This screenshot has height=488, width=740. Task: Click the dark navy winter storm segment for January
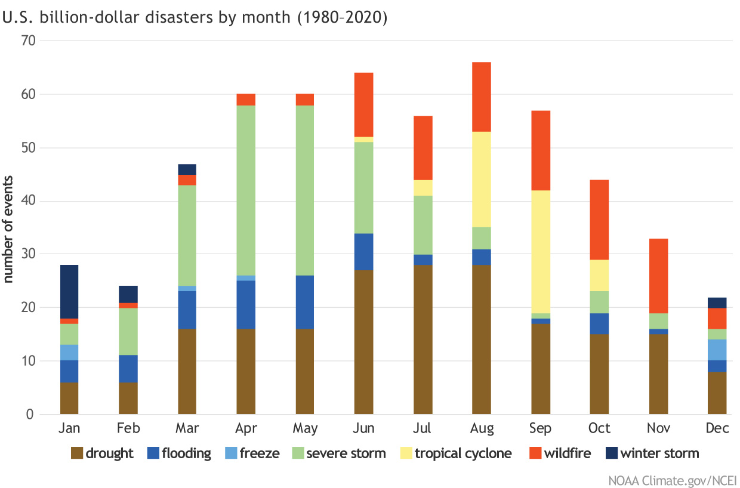click(x=69, y=292)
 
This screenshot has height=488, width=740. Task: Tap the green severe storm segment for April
click(x=246, y=190)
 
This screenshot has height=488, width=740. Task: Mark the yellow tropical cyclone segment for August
click(x=482, y=179)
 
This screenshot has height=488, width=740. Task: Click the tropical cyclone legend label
click(x=463, y=453)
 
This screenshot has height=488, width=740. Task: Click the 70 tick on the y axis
click(x=29, y=41)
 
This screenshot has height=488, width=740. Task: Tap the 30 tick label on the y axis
click(x=29, y=254)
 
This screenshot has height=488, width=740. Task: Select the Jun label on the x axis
click(x=364, y=428)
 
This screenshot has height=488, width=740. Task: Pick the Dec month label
click(x=717, y=428)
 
